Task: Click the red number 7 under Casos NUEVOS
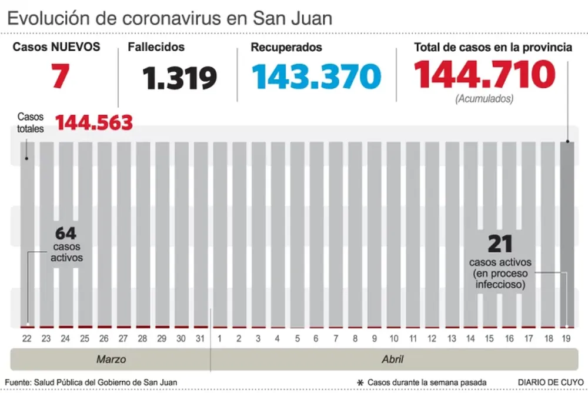click(x=61, y=76)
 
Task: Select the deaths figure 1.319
click(x=179, y=78)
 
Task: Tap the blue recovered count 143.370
click(x=316, y=76)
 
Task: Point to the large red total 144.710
click(x=485, y=75)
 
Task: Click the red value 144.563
click(x=94, y=123)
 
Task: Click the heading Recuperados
click(x=286, y=47)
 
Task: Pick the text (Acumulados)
click(x=484, y=99)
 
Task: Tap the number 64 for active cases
click(x=66, y=234)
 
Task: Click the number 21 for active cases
click(x=500, y=244)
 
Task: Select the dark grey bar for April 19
click(x=567, y=235)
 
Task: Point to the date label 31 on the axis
click(x=200, y=339)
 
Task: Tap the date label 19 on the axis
click(x=567, y=339)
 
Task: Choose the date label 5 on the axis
click(x=296, y=339)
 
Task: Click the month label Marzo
click(x=111, y=359)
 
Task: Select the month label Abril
click(x=392, y=359)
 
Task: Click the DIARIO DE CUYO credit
click(x=551, y=382)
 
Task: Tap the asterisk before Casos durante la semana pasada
click(x=360, y=382)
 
